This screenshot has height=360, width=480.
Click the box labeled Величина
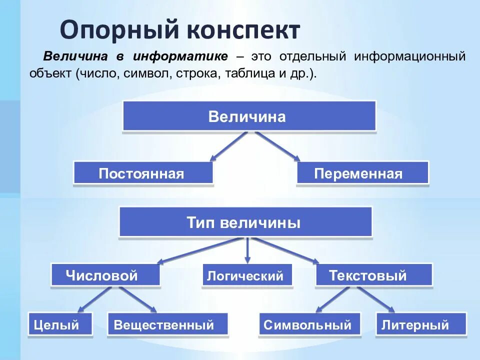[x=249, y=116]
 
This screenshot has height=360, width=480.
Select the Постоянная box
[x=143, y=173]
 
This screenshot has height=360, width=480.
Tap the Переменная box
[x=362, y=173]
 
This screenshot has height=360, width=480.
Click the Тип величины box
[x=245, y=221]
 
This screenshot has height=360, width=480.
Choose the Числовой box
[x=105, y=274]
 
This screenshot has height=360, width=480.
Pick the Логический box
[x=247, y=275]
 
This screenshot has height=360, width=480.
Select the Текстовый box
[x=373, y=274]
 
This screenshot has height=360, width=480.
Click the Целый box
[x=60, y=324]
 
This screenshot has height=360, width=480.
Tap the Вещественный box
[x=167, y=324]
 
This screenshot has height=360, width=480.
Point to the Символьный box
[x=309, y=324]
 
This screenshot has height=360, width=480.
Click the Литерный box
[x=420, y=324]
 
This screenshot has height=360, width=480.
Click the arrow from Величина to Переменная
[x=278, y=146]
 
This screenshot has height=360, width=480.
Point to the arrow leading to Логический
[x=247, y=250]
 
